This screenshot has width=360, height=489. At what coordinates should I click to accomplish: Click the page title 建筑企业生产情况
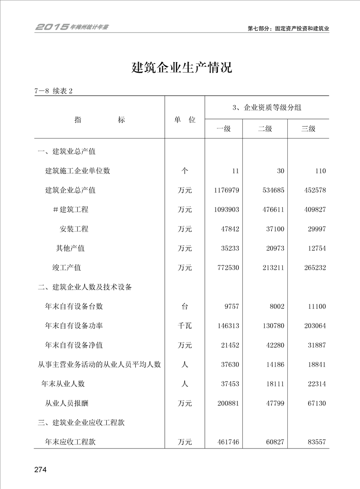(x=182, y=68)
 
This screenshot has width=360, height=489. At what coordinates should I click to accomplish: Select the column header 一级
(x=223, y=129)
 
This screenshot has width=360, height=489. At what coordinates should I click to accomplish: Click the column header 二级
(x=265, y=129)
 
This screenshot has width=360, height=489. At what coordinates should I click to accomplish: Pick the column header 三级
(x=308, y=129)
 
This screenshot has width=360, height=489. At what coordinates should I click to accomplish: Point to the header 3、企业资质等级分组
(x=266, y=108)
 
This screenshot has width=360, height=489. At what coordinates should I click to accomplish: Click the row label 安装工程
(x=74, y=229)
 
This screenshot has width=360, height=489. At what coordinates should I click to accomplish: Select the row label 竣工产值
(x=66, y=268)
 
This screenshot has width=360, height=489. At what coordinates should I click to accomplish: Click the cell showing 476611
(x=271, y=210)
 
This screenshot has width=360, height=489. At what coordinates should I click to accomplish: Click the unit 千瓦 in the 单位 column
(x=184, y=326)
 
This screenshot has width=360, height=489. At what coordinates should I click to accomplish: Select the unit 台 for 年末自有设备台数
(x=184, y=306)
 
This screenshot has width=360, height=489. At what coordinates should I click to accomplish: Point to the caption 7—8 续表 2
(x=54, y=91)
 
